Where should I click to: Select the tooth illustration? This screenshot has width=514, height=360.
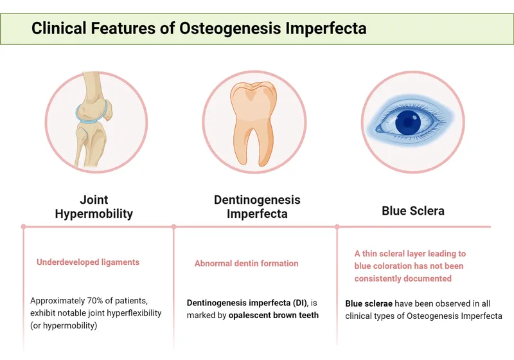click(257, 122)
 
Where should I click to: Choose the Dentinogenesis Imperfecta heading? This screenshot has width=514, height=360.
click(257, 206)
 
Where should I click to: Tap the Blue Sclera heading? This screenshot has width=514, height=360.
click(412, 211)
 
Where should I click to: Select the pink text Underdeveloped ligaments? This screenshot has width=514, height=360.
click(88, 262)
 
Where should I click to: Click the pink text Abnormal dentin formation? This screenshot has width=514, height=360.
click(246, 264)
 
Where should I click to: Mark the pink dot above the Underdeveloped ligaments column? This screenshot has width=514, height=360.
click(23, 226)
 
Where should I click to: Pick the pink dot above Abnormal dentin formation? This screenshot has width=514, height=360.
click(173, 226)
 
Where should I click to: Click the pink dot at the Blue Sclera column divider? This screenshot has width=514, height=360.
click(337, 226)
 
